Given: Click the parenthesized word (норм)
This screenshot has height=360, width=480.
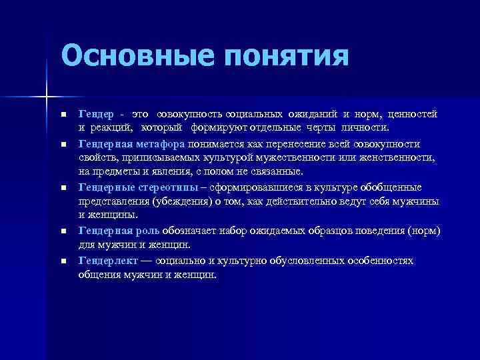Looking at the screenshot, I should coord(427,231).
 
